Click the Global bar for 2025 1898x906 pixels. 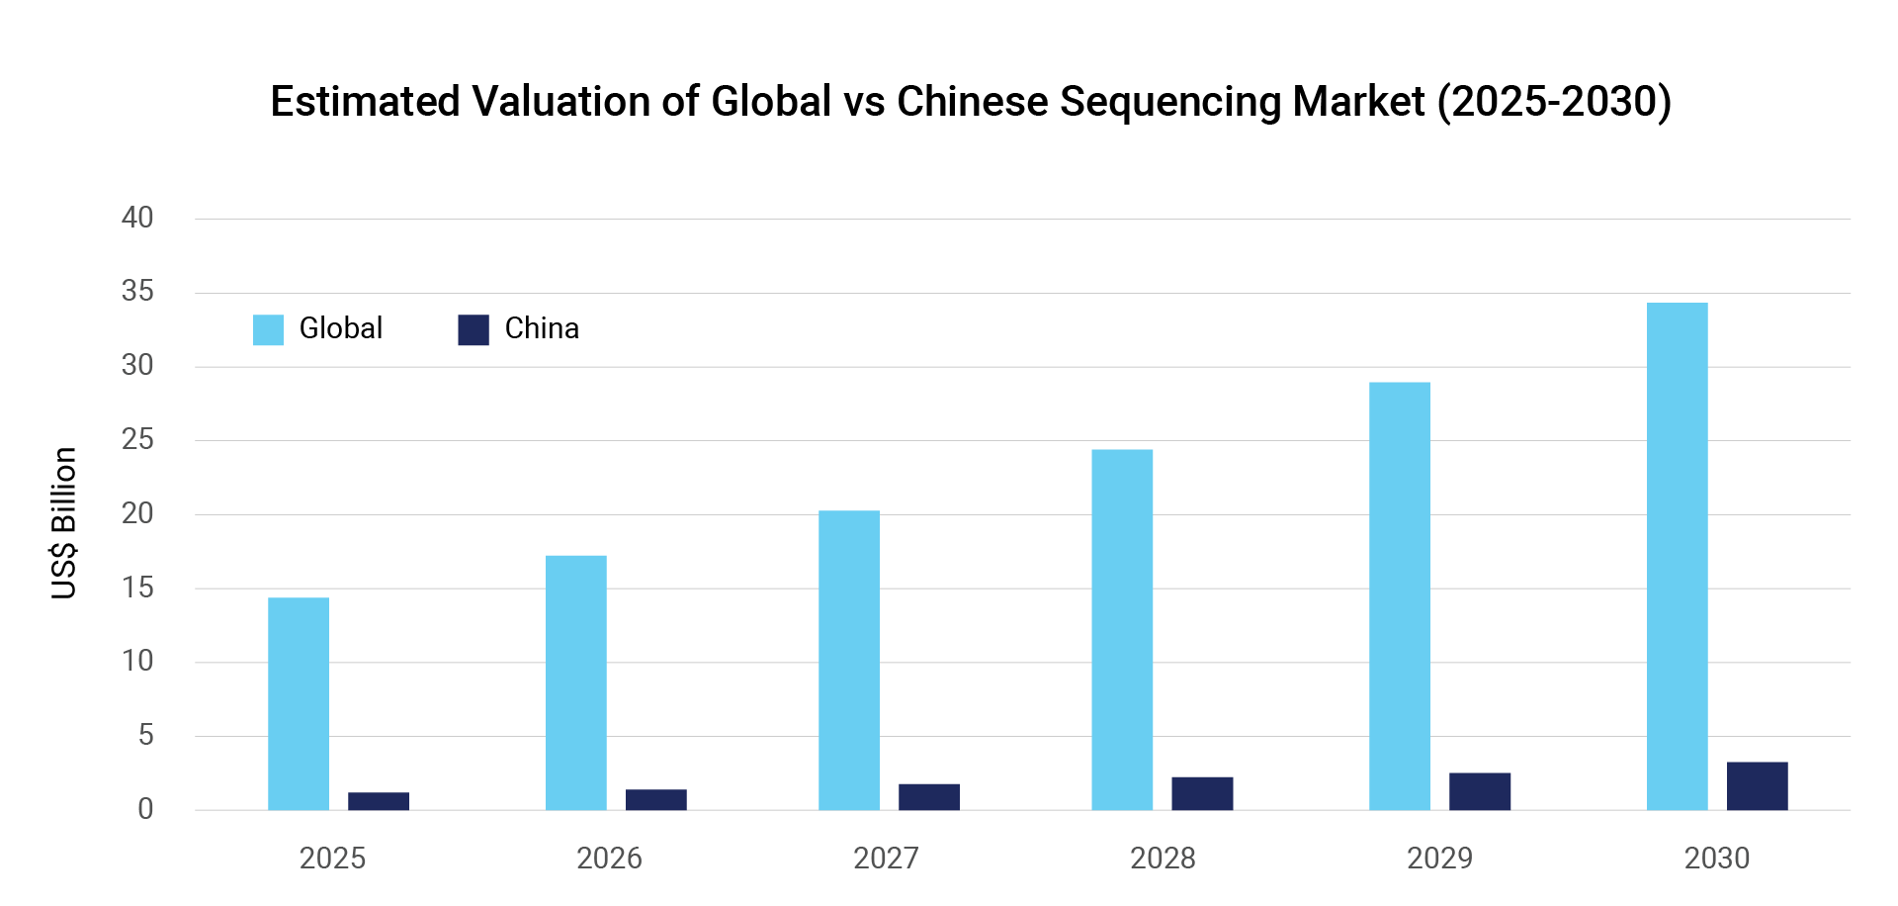pyautogui.click(x=299, y=703)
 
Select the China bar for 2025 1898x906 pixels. pyautogui.click(x=379, y=801)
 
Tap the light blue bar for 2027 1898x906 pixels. pyautogui.click(x=849, y=660)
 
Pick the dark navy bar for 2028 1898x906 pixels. pyautogui.click(x=1202, y=793)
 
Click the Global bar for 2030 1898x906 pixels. pyautogui.click(x=1677, y=556)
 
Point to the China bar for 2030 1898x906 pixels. pyautogui.click(x=1757, y=786)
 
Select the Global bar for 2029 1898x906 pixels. pyautogui.click(x=1400, y=595)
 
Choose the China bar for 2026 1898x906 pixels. pyautogui.click(x=655, y=799)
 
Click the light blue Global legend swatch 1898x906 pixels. pyautogui.click(x=268, y=329)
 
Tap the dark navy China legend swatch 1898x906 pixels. pyautogui.click(x=474, y=329)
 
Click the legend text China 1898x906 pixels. pyautogui.click(x=542, y=328)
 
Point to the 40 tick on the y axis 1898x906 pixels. pyautogui.click(x=137, y=218)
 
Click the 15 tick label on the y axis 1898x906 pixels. pyautogui.click(x=137, y=588)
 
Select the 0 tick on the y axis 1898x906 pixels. pyautogui.click(x=145, y=809)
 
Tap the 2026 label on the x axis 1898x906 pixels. pyautogui.click(x=609, y=858)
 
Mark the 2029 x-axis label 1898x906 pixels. pyautogui.click(x=1439, y=858)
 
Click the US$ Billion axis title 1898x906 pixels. pyautogui.click(x=63, y=523)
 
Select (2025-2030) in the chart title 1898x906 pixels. pyautogui.click(x=1554, y=102)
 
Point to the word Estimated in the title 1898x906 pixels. pyautogui.click(x=365, y=102)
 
